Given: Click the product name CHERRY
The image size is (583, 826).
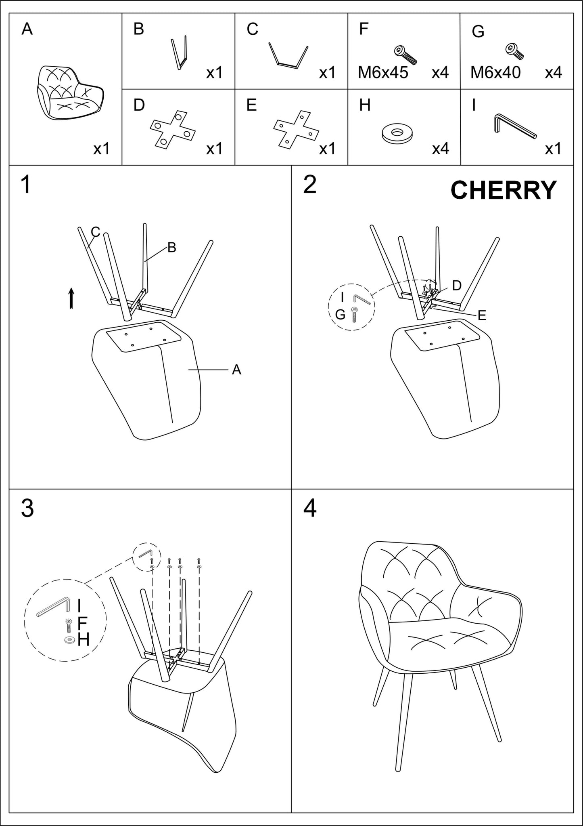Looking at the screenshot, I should click(503, 190).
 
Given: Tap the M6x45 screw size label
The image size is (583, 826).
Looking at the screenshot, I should click(383, 73).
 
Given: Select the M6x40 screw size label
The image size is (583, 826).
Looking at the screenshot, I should click(495, 73).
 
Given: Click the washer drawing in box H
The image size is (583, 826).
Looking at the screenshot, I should click(397, 133).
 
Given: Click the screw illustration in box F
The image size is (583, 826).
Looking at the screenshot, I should click(405, 55).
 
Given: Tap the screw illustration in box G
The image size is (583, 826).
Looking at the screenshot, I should click(514, 51).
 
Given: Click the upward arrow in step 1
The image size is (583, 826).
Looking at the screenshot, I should click(71, 298).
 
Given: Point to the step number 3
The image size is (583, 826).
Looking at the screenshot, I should click(27, 509).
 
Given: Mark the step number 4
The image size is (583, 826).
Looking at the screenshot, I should click(309, 509).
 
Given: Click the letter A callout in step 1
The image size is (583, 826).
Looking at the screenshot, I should click(236, 370).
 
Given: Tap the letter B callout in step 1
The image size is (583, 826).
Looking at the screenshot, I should click(171, 248).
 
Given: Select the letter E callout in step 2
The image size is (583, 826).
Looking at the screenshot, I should click(482, 315).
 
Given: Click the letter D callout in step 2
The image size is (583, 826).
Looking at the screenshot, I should click(457, 286).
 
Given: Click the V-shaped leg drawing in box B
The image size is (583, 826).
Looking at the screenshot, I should click(180, 53).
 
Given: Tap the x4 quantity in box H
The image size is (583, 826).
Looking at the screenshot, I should click(440, 149).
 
